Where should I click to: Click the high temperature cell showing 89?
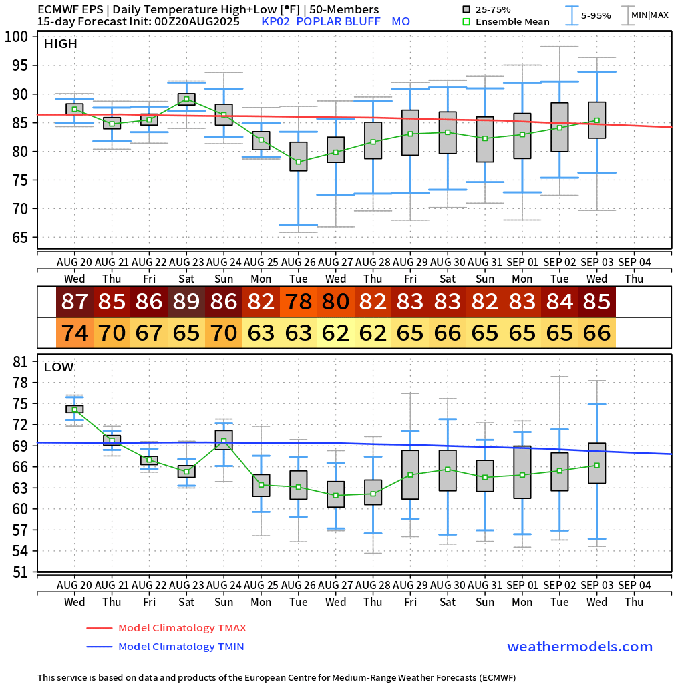pos(186,302)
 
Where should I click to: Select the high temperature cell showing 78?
pos(299,302)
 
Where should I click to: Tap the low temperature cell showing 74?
pos(75,333)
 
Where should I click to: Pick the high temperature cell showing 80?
pos(336,302)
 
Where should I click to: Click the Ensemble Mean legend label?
pos(512,21)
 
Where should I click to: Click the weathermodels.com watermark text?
pos(580,647)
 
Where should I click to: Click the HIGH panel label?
pos(60,44)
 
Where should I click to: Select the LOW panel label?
pos(59,367)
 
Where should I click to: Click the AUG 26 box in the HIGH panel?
pos(299,156)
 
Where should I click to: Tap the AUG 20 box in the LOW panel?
pos(75,409)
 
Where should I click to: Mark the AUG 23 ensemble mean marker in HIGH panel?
pos(186,99)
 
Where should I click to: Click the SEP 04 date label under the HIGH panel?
pos(634,261)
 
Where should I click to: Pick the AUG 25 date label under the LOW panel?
pos(261,584)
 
